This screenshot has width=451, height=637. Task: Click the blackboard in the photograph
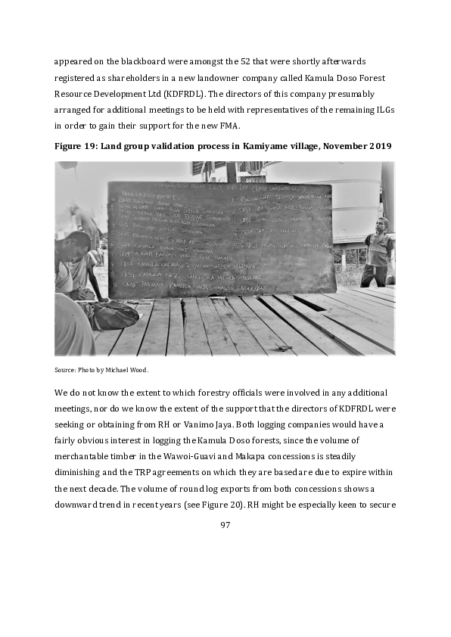[219, 239]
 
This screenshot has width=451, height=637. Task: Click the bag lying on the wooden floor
[114, 314]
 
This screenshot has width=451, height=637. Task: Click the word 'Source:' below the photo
[66, 370]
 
